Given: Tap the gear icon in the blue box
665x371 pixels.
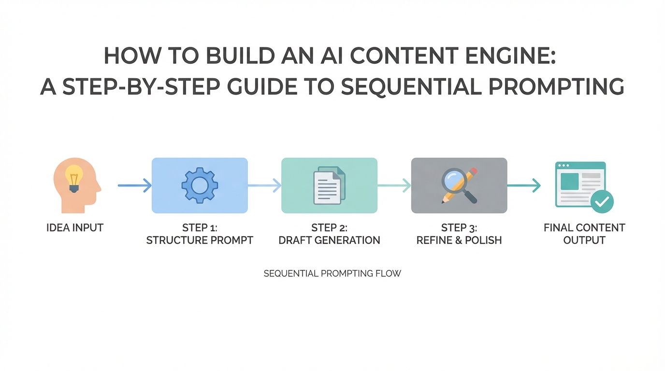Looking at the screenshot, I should pyautogui.click(x=200, y=185).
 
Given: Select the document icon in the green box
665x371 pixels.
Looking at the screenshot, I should pyautogui.click(x=329, y=185).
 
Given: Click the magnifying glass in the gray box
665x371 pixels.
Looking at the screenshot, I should pyautogui.click(x=455, y=182).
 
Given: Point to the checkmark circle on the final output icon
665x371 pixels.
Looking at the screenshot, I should pyautogui.click(x=602, y=201).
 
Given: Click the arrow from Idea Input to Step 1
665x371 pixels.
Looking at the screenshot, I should pyautogui.click(x=134, y=185).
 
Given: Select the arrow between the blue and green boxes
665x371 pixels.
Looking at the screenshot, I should pyautogui.click(x=264, y=185).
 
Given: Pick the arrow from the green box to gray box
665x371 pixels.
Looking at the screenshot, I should pyautogui.click(x=394, y=185).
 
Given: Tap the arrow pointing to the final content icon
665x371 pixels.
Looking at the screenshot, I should pyautogui.click(x=523, y=185).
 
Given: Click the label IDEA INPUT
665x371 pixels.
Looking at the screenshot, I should pyautogui.click(x=75, y=228).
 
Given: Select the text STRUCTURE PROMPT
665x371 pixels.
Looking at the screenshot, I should pyautogui.click(x=200, y=240).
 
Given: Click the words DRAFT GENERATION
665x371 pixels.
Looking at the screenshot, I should pyautogui.click(x=329, y=240).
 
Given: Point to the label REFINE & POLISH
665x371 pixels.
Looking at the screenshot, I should pyautogui.click(x=459, y=240).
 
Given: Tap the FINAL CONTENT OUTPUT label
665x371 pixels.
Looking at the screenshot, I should pyautogui.click(x=584, y=234).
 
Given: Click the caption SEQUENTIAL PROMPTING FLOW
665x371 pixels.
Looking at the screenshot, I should pyautogui.click(x=332, y=273).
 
